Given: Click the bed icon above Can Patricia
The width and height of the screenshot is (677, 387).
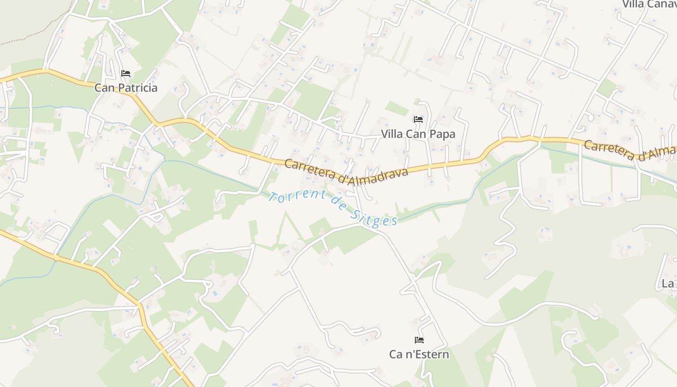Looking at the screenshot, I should (x=126, y=74).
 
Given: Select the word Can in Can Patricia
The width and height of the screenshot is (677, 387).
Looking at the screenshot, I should (x=104, y=88).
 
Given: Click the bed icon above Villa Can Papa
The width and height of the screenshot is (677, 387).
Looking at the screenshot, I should (x=418, y=119).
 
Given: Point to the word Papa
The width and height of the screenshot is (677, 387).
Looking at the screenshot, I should (x=441, y=134).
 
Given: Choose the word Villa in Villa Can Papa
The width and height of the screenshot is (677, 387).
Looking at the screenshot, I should (x=392, y=134).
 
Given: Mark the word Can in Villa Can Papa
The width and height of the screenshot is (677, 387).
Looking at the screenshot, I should (x=415, y=134).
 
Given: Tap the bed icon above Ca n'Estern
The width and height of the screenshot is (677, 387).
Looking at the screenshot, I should (x=419, y=340).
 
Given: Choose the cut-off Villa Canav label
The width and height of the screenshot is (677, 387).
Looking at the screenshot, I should (x=648, y=4).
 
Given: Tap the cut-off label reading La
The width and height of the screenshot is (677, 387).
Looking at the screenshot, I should (x=668, y=283).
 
